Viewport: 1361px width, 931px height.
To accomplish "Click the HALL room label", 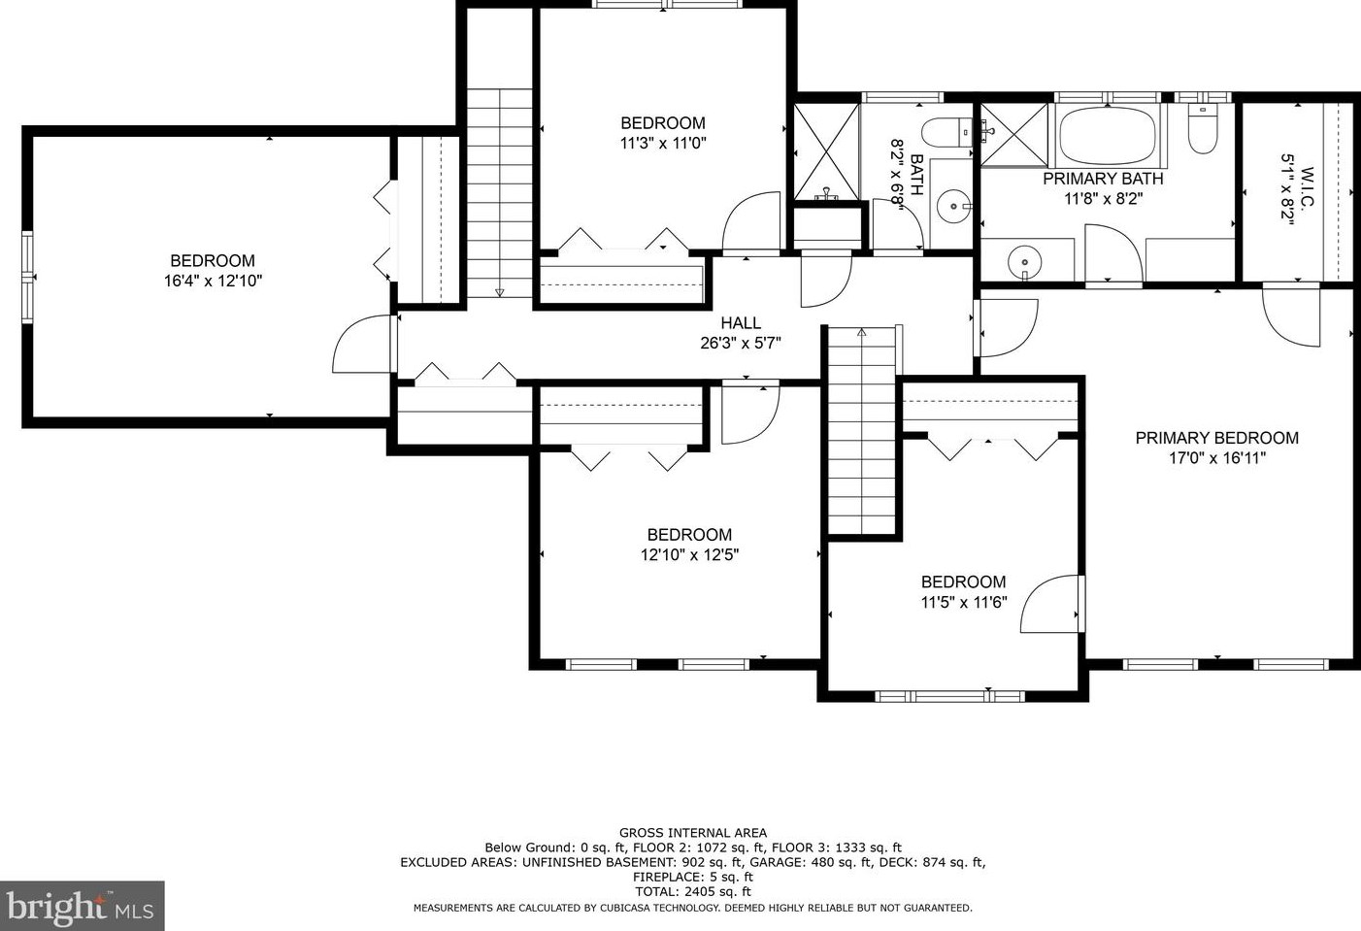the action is pos(741,322).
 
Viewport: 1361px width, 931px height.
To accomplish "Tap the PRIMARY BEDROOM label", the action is pos(1217,438).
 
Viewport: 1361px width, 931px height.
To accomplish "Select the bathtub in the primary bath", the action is pos(1107,136).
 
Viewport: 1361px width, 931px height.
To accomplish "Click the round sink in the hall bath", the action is pos(952,207).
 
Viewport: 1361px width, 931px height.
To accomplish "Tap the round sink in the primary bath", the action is pos(1024,263).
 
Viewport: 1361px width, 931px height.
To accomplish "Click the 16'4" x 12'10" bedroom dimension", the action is pos(213,281).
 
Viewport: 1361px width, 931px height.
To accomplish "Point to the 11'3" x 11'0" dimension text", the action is pos(663,144).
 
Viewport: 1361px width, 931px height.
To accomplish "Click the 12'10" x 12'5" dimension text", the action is pos(689,555).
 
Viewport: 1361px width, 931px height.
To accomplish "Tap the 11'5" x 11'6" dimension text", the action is pos(964,602).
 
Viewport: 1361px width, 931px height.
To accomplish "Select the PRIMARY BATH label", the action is pos(1104,179).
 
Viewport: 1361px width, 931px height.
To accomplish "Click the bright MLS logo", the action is pos(81,907).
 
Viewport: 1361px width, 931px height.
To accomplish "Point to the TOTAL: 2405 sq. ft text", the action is pos(693,892).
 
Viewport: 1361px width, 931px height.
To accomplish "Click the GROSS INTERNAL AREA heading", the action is pos(693,833).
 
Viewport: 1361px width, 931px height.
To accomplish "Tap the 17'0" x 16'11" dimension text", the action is pos(1217,458).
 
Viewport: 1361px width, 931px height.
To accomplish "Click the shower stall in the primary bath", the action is pos(1014,135).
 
